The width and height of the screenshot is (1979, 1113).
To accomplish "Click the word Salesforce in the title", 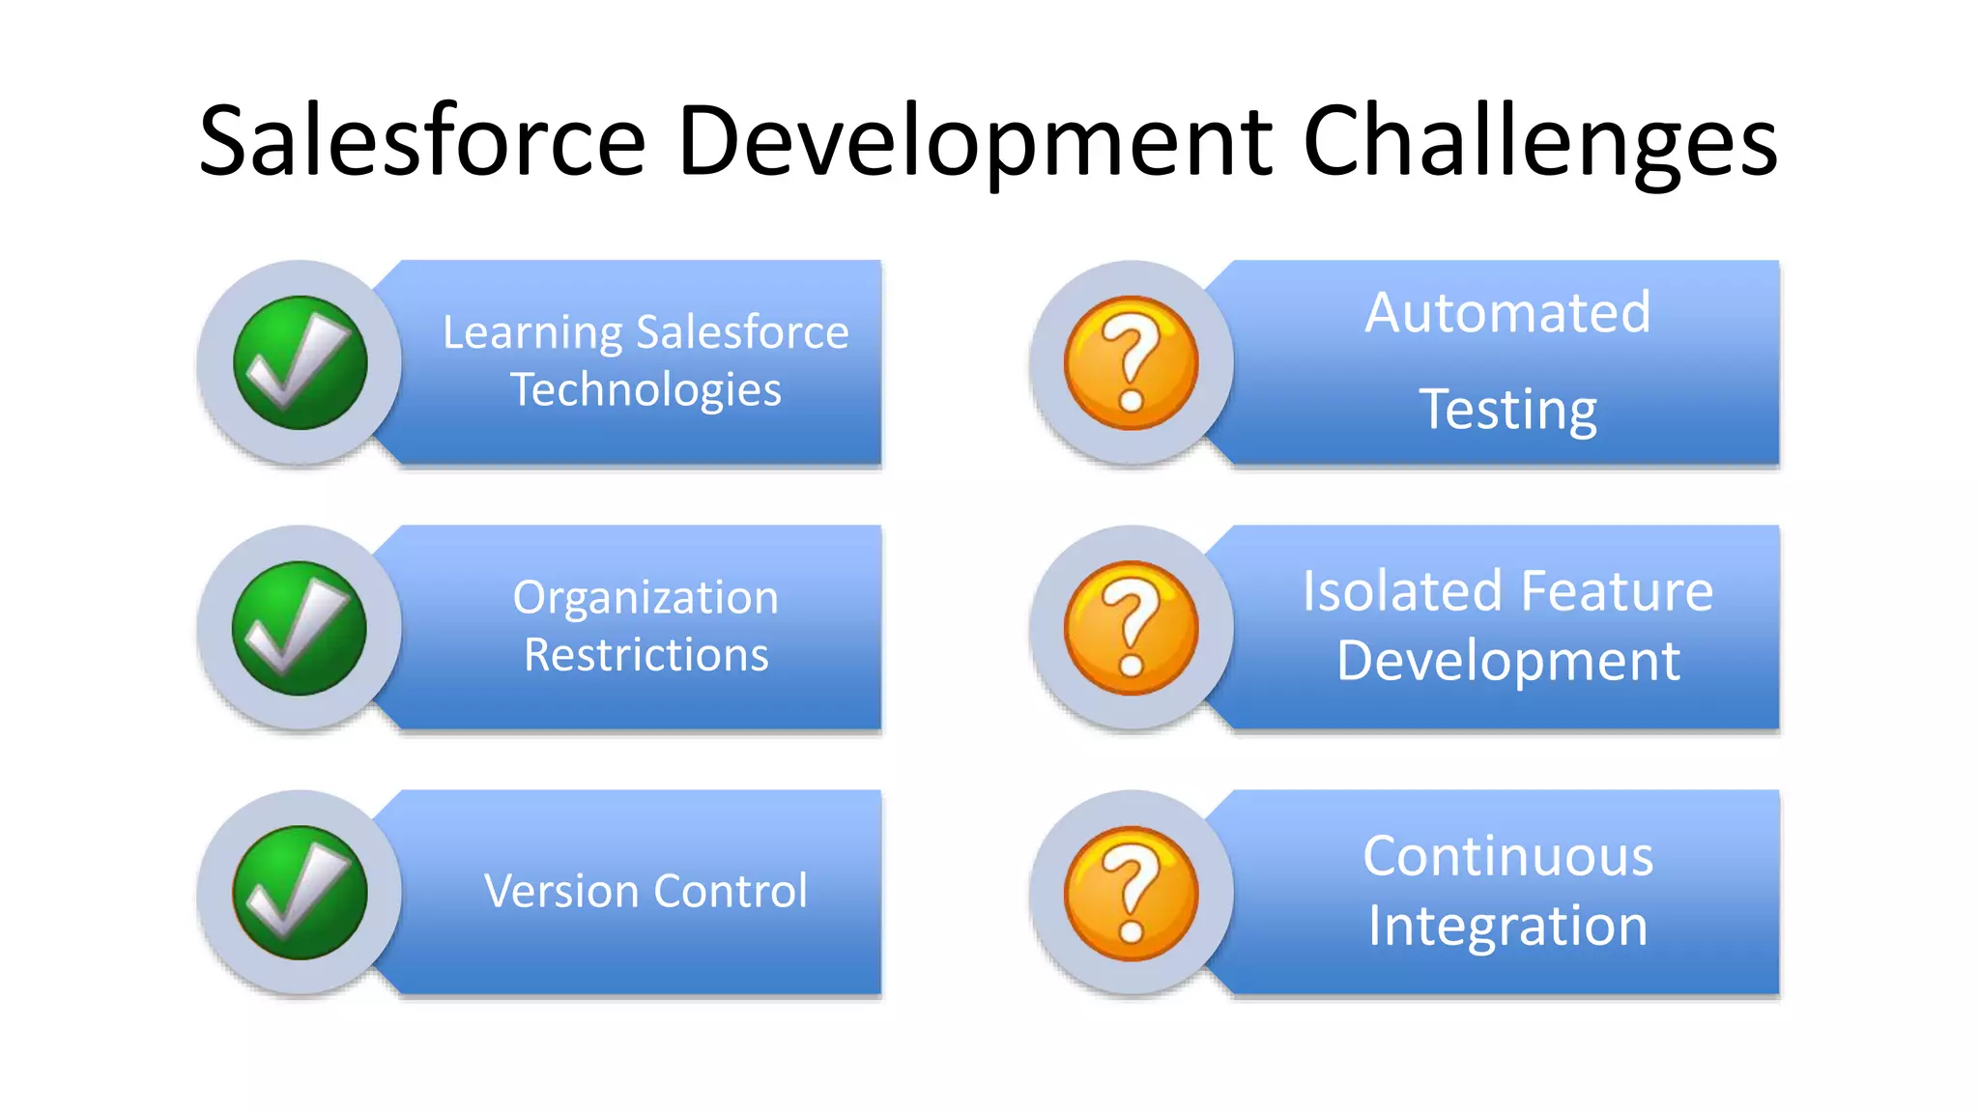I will click(x=422, y=141).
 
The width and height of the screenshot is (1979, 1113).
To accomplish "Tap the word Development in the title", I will click(x=974, y=141).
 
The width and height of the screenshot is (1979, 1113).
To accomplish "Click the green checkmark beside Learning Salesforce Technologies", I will click(x=301, y=362).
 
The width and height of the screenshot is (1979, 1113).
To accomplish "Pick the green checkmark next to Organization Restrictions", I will click(x=300, y=628).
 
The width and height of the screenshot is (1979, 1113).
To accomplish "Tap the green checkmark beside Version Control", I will click(x=300, y=893).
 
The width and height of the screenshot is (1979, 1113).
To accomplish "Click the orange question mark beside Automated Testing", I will click(x=1131, y=362).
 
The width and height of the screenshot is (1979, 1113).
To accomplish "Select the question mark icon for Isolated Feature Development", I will click(x=1131, y=628).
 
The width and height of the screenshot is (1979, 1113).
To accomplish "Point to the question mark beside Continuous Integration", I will click(x=1131, y=893).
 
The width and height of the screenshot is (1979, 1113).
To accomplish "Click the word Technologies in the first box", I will click(x=645, y=390).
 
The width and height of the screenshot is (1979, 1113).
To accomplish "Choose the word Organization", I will click(x=645, y=597).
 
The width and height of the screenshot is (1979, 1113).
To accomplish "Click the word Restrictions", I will click(x=645, y=655).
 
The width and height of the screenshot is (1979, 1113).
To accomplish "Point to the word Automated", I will click(x=1507, y=313).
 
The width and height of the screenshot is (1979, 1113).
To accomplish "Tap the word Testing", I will click(x=1507, y=410).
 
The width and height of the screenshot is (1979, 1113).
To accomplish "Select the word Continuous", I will click(x=1507, y=856).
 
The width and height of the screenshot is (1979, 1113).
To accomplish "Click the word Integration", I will click(x=1507, y=926).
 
